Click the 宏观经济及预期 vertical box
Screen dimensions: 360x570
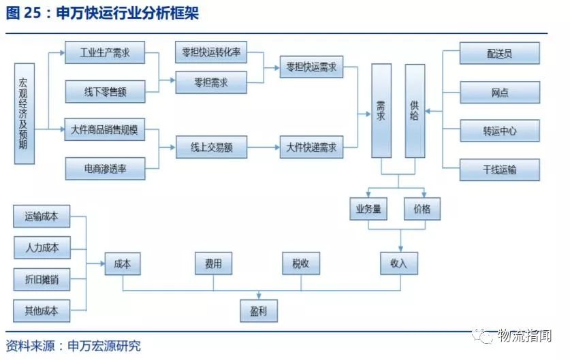[24, 114]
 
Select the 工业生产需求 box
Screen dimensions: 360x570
[105, 52]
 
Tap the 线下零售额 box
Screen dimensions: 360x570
[105, 91]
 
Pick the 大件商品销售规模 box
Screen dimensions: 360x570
[105, 130]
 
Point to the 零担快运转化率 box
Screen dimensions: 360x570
[211, 52]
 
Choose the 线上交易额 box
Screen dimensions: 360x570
[211, 147]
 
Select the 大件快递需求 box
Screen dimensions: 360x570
[311, 147]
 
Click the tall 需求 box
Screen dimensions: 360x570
[381, 111]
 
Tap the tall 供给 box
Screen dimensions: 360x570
[415, 111]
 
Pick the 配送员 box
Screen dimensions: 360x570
[500, 53]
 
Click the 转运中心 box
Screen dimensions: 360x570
[500, 131]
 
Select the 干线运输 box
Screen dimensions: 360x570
[500, 169]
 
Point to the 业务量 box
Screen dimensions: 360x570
[368, 209]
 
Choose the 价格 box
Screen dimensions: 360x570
[422, 209]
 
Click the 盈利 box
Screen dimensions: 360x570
[259, 310]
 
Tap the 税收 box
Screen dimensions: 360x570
[301, 263]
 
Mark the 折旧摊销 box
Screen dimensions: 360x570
[42, 280]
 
